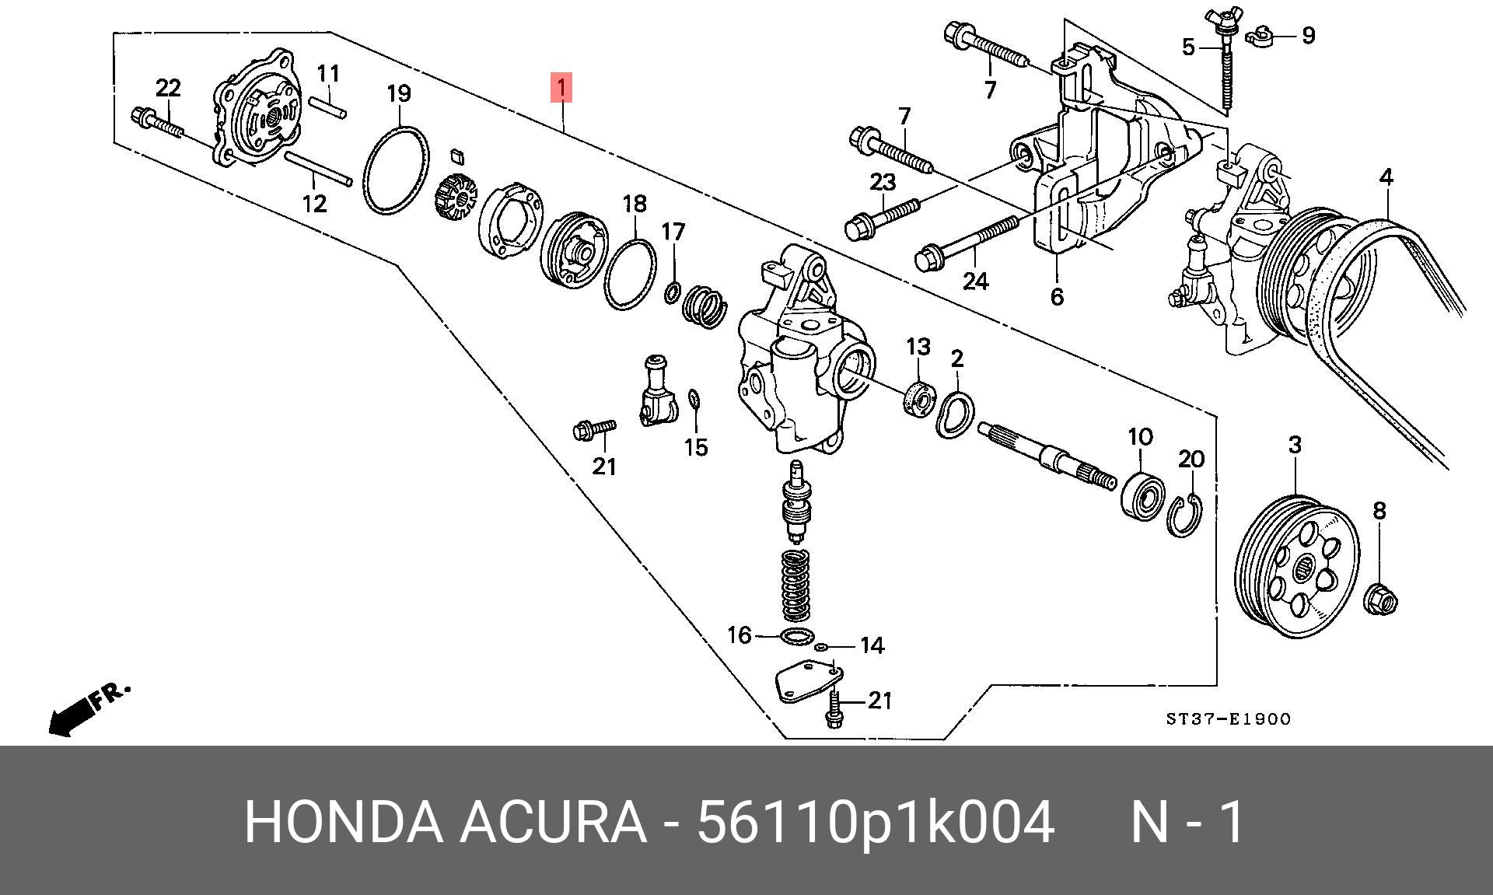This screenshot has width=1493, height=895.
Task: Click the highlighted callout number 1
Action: [x=561, y=87]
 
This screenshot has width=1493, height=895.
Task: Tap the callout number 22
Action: [x=168, y=88]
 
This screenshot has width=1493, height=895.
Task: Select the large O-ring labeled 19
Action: [x=396, y=171]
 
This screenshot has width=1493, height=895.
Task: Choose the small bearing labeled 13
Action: [x=918, y=397]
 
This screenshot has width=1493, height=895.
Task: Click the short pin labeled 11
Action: [x=328, y=107]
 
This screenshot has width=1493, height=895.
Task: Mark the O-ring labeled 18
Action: [x=629, y=274]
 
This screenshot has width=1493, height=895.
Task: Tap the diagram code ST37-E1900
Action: [x=1228, y=719]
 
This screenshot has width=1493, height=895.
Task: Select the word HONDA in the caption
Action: [x=342, y=822]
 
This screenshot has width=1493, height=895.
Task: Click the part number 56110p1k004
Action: [x=875, y=822]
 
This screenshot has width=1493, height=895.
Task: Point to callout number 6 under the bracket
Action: [x=1056, y=296]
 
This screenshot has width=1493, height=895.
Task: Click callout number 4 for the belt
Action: [x=1386, y=177]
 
